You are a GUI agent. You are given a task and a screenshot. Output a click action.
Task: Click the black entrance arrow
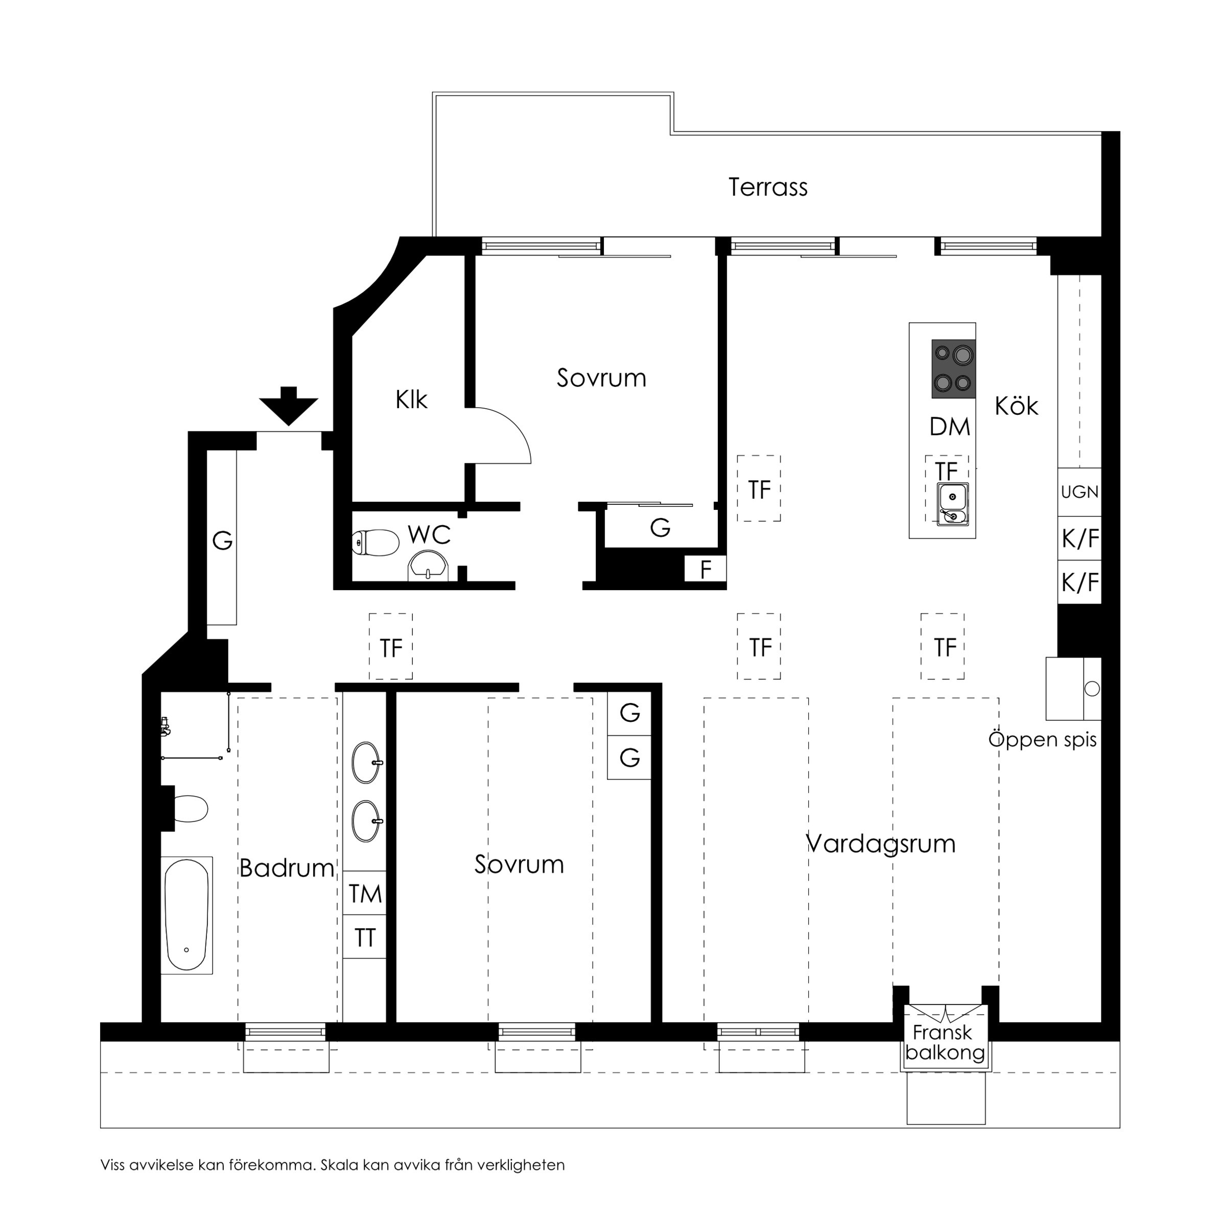[x=288, y=406]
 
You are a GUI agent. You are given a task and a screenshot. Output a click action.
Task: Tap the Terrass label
[x=767, y=187]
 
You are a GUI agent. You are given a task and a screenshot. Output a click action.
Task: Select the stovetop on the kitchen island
[x=953, y=368]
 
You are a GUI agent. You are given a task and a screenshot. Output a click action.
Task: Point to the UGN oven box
[x=1079, y=492]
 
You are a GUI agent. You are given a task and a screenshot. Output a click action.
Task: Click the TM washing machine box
[x=365, y=894]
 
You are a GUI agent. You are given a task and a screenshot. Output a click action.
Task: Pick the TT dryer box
[x=365, y=938]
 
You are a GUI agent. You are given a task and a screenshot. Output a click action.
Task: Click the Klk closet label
[x=411, y=400]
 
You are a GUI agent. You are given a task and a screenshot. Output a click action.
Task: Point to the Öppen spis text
[x=1042, y=739]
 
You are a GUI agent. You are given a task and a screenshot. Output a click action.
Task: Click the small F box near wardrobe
[x=706, y=570]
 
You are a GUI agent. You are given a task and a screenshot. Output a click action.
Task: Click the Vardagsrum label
[x=881, y=843]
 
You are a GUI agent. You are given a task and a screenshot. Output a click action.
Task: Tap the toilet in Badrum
[x=189, y=809]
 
